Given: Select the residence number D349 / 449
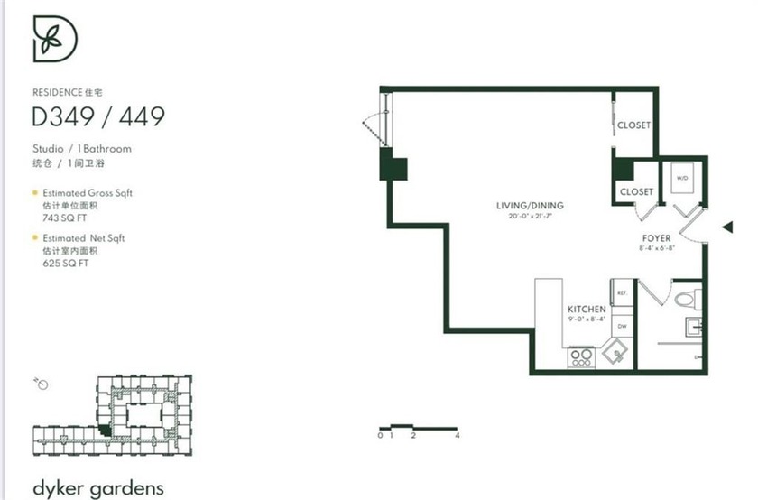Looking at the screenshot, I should [98, 116].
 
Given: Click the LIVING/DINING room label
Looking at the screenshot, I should [530, 206].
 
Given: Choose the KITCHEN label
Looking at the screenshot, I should [586, 309].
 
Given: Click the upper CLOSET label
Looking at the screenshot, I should [633, 125].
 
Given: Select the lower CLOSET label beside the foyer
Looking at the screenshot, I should [636, 191].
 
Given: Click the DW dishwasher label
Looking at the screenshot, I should [622, 326].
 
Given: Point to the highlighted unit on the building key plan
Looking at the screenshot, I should [106, 431].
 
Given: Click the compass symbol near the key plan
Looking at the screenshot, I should [41, 384].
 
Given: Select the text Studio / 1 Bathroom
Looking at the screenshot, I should [82, 148].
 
